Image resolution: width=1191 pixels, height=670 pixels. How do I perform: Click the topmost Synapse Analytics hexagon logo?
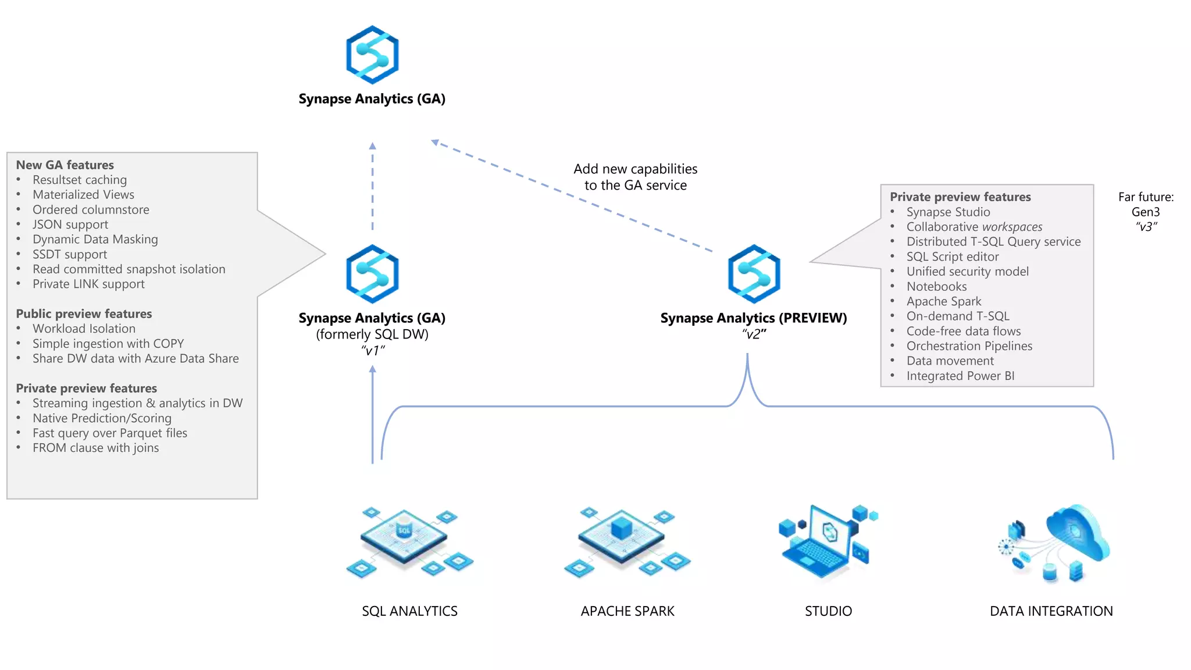point(372,55)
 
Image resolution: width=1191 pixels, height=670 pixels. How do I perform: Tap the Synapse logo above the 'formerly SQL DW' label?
point(372,274)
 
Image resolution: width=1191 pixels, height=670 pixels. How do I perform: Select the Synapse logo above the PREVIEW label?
point(754,274)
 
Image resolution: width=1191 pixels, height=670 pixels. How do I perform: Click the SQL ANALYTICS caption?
point(409,611)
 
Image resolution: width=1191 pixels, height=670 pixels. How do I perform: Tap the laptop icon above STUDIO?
point(827,542)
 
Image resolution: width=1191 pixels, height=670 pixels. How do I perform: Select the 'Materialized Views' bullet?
point(83,195)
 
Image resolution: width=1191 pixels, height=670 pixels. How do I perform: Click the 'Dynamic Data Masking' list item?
point(95,240)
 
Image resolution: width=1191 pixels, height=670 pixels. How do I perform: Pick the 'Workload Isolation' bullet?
point(84,329)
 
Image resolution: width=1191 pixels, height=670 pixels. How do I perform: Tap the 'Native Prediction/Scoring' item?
point(102,418)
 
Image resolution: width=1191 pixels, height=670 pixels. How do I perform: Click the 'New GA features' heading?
point(65,165)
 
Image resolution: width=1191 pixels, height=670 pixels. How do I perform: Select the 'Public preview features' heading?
point(84,314)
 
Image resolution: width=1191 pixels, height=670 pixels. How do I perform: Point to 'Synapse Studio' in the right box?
point(948,212)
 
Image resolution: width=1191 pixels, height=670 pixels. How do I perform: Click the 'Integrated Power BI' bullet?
point(960,376)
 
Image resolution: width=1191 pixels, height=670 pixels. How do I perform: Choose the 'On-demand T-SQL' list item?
point(958,316)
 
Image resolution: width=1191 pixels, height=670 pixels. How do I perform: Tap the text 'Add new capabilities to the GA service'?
point(635,177)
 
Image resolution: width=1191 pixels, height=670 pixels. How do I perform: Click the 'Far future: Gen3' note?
point(1146,205)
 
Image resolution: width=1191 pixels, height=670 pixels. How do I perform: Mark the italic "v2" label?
point(754,334)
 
